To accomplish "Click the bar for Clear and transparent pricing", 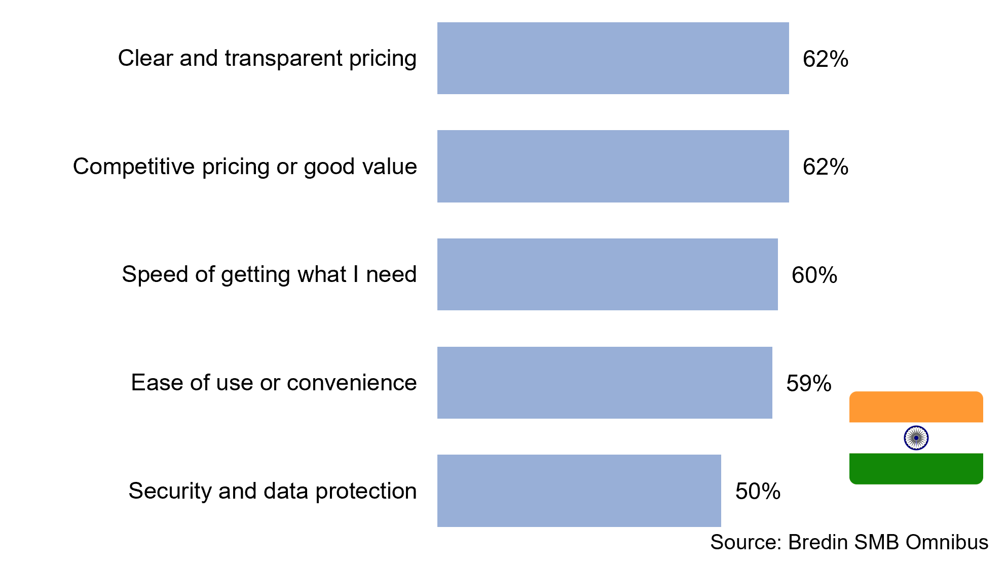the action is (x=613, y=58).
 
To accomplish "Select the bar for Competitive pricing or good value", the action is (x=613, y=166).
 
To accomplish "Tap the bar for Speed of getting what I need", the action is (x=607, y=274).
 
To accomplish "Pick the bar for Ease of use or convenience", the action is (x=605, y=383).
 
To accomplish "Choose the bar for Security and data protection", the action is (x=579, y=491).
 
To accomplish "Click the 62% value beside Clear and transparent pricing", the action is (x=826, y=59).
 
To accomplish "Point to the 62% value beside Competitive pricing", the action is (x=826, y=167).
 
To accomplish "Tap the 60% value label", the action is (x=814, y=275).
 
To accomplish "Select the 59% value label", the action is (x=809, y=384).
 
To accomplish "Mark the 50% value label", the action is (x=758, y=492).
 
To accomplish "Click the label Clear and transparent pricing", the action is (x=267, y=59).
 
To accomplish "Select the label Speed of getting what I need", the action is (x=269, y=275).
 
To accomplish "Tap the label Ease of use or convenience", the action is (x=274, y=383).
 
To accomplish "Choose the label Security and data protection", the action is (x=273, y=491).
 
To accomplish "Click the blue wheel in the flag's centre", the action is (x=916, y=438).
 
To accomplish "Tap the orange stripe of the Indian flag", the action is (x=916, y=407).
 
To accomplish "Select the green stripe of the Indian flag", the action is (x=916, y=469).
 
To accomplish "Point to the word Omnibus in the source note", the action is (x=947, y=542).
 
